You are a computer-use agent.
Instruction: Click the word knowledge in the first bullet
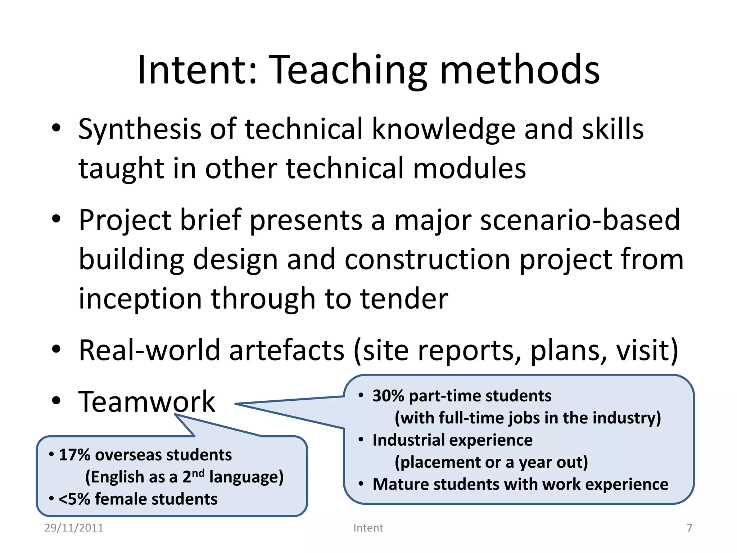444,130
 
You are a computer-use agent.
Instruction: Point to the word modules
469,168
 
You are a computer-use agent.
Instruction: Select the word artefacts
287,350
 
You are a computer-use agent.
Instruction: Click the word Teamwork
147,402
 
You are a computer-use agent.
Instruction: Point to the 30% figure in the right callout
388,396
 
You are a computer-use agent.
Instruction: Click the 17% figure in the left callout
74,455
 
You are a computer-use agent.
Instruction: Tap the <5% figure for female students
74,499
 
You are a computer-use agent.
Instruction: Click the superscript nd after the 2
198,473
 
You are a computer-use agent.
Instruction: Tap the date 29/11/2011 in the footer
74,528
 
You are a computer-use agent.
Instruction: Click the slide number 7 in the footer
689,528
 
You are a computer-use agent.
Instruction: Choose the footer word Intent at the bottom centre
368,528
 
